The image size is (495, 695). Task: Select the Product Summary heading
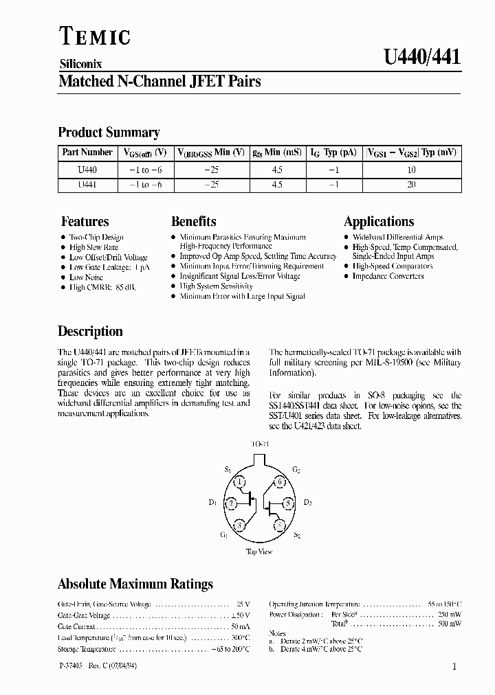[109, 132]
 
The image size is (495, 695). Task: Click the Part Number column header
[87, 152]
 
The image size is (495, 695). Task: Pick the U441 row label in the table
[87, 185]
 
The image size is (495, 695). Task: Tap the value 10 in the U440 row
[412, 169]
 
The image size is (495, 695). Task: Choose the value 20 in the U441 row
[412, 185]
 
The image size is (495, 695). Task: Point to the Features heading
[85, 221]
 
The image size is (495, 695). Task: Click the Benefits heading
[193, 221]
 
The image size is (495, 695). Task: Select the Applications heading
[379, 221]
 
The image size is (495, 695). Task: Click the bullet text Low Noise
[86, 277]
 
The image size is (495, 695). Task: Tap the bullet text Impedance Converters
[388, 276]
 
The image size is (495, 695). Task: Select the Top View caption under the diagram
[259, 551]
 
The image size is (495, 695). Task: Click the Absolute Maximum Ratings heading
[135, 584]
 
